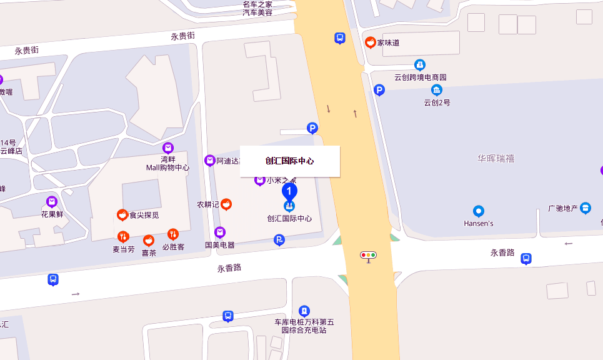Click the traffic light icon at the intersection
pyautogui.click(x=369, y=255)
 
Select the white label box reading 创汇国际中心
pyautogui.click(x=290, y=161)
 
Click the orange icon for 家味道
pyautogui.click(x=371, y=42)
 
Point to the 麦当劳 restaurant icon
pyautogui.click(x=123, y=237)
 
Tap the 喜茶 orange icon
pyautogui.click(x=149, y=241)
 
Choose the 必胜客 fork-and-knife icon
pyautogui.click(x=173, y=234)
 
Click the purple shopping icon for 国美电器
pyautogui.click(x=219, y=232)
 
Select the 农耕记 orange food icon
pyautogui.click(x=226, y=204)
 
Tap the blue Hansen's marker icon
pyautogui.click(x=479, y=211)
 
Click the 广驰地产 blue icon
pyautogui.click(x=586, y=208)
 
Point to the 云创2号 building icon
pyautogui.click(x=437, y=90)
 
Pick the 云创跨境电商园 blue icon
pyautogui.click(x=420, y=65)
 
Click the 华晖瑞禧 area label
pyautogui.click(x=496, y=159)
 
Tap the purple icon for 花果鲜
pyautogui.click(x=52, y=202)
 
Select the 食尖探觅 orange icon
pyautogui.click(x=122, y=215)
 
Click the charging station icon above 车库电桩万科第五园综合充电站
pyautogui.click(x=304, y=311)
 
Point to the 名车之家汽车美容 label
pyautogui.click(x=257, y=8)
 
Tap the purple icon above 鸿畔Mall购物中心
pyautogui.click(x=167, y=148)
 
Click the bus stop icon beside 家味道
pyautogui.click(x=339, y=38)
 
